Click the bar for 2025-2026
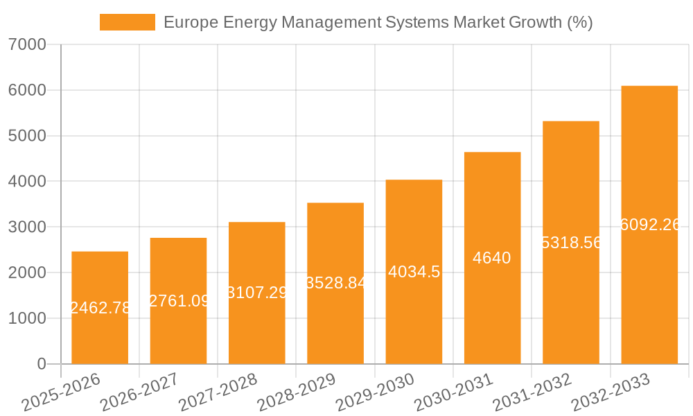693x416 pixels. (100, 308)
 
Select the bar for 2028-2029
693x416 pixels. (335, 284)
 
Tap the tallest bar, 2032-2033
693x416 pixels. (649, 225)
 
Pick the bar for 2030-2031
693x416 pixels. (492, 258)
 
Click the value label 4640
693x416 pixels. (492, 259)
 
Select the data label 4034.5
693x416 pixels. (414, 272)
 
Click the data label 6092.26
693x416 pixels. (650, 225)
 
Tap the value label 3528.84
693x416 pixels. (335, 283)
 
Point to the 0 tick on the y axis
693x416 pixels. (41, 364)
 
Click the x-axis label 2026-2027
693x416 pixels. (139, 392)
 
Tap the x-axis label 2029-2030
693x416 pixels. (375, 392)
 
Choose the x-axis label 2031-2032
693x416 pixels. (532, 392)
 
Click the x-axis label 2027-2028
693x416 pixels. (218, 392)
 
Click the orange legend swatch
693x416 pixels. (128, 22)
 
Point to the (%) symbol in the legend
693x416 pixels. (579, 22)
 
